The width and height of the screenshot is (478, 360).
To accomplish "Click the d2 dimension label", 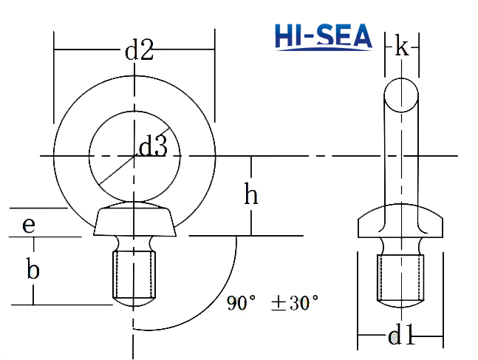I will point(138,51).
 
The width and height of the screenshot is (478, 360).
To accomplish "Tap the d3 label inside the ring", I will point(153,146).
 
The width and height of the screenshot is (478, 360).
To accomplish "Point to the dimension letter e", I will point(29,224).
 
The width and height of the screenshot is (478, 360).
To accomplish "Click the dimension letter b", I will point(33,269).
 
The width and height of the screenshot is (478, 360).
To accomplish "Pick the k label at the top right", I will point(401,47).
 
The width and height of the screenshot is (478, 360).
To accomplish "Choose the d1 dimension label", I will point(401,337).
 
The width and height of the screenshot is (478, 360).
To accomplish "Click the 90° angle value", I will point(241,302).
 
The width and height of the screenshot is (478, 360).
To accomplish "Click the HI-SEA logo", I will point(324,36).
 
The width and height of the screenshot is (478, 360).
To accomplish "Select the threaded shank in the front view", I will point(134,274).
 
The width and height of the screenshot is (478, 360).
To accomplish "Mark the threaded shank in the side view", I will point(400,277).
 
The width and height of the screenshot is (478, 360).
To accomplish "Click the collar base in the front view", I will point(134,221).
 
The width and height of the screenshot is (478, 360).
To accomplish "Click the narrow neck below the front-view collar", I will point(134,243).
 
